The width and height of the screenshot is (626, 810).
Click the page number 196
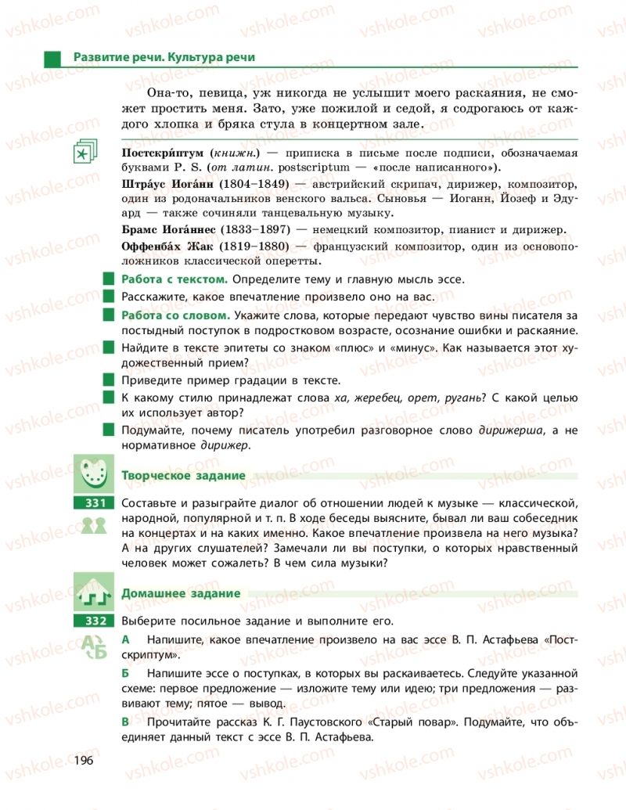coord(83,760)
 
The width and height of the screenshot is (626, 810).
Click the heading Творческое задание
coord(183,475)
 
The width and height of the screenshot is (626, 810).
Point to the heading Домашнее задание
coord(180,593)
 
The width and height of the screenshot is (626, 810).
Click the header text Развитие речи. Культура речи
coord(164,58)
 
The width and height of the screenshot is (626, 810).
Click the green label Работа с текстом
coord(174,279)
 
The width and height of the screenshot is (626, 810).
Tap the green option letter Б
coord(127,672)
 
